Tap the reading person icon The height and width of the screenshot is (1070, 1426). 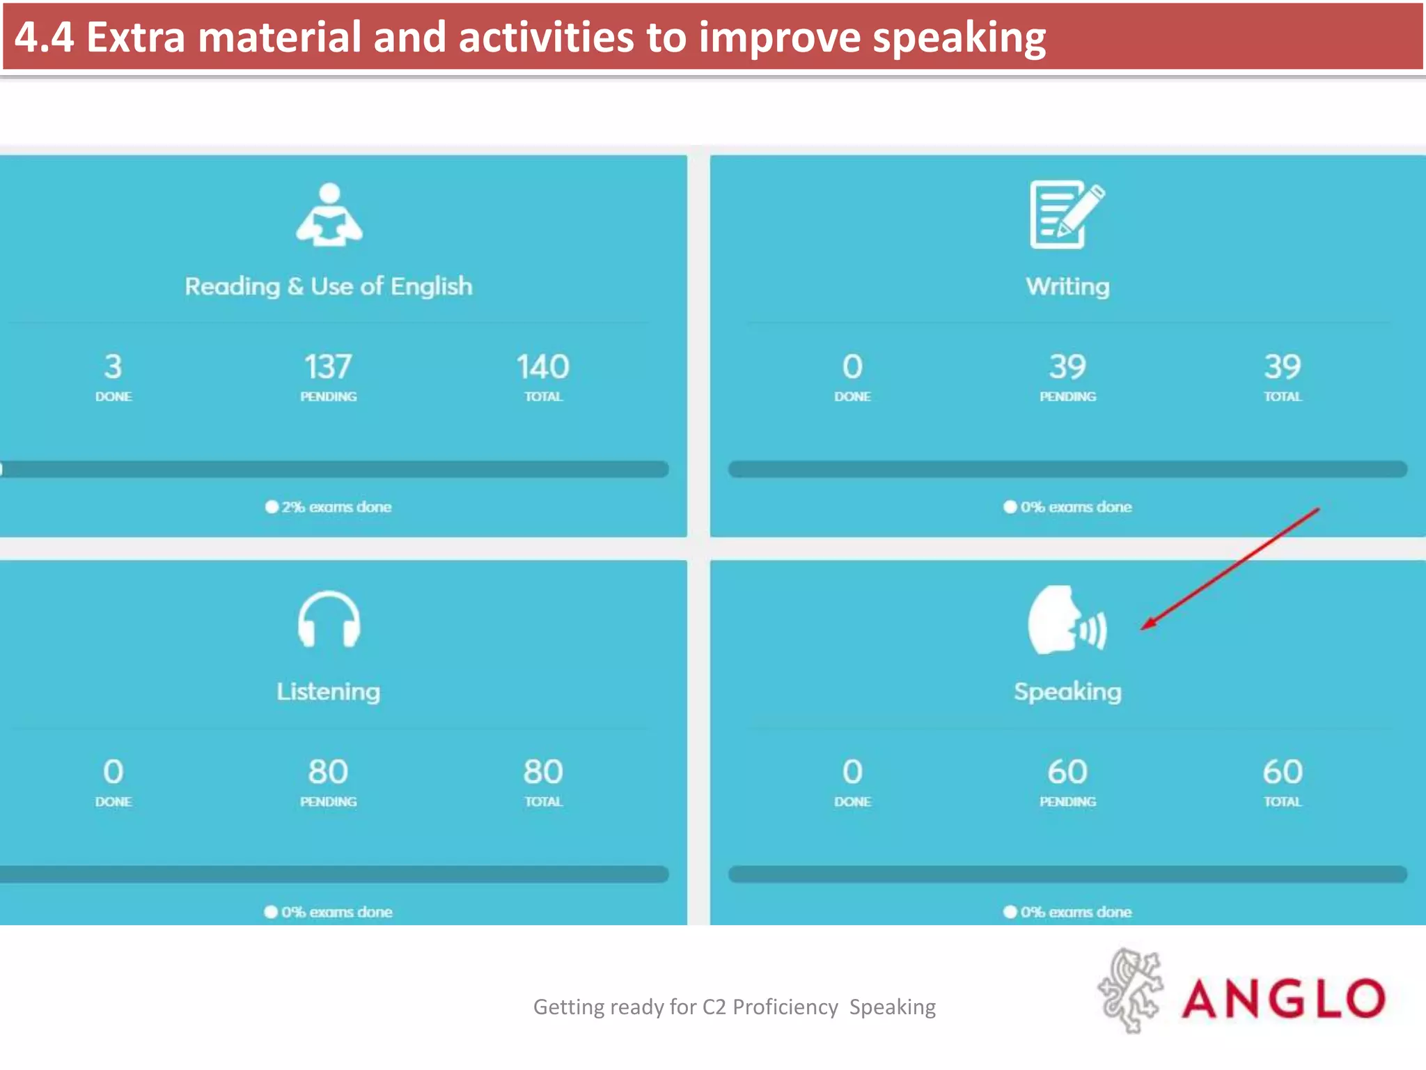pyautogui.click(x=329, y=215)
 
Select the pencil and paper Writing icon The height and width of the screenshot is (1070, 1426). pyautogui.click(x=1067, y=215)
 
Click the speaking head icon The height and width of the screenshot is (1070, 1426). pyautogui.click(x=1065, y=620)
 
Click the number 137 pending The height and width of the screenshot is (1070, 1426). pyautogui.click(x=328, y=367)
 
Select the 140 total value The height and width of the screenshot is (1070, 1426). pyautogui.click(x=543, y=367)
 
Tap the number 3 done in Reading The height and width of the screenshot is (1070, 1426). pyautogui.click(x=113, y=367)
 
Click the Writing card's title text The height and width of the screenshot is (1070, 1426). pyautogui.click(x=1067, y=286)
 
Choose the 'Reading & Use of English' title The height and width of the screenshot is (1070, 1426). pyautogui.click(x=329, y=286)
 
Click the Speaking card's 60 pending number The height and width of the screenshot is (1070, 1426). pyautogui.click(x=1067, y=772)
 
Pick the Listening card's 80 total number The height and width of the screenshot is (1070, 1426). pyautogui.click(x=543, y=772)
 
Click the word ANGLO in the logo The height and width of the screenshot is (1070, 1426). pyautogui.click(x=1283, y=998)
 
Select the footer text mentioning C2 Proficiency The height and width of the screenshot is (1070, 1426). pyautogui.click(x=734, y=1007)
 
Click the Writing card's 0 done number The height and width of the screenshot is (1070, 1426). pyautogui.click(x=852, y=367)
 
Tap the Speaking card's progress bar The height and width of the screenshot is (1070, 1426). pyautogui.click(x=1067, y=874)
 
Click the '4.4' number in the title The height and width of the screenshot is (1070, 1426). pyautogui.click(x=44, y=38)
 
